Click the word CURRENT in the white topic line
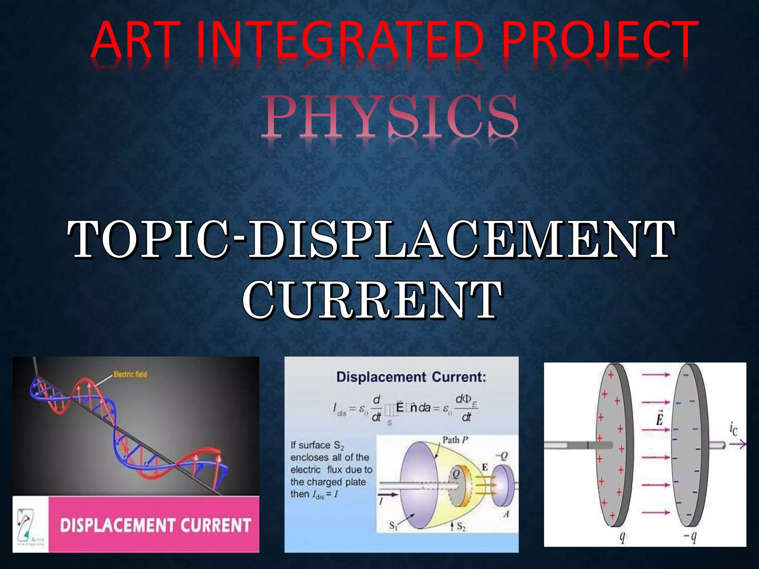coord(372,299)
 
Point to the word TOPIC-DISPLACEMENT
coord(371,239)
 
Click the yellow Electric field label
coord(130,374)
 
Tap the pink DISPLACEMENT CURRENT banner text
coord(155,525)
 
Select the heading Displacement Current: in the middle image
coord(411,377)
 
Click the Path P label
coord(455,440)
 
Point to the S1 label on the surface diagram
coord(393,525)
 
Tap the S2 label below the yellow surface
coord(461,526)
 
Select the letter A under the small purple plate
coord(506,514)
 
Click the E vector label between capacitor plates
coord(659,419)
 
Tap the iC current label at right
coord(733,430)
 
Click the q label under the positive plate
coord(622,536)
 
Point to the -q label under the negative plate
coord(690,536)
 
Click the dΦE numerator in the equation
coord(466,400)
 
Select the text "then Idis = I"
coord(314,495)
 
